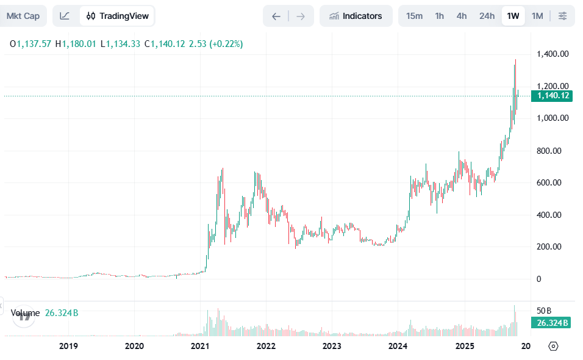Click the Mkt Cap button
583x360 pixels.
[23, 16]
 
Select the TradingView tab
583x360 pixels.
[117, 16]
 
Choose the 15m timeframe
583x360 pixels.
[414, 16]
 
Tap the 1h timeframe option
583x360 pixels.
[439, 16]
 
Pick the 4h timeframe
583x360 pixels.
[462, 16]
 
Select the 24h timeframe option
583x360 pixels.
[487, 16]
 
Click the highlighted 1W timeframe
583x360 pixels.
[513, 16]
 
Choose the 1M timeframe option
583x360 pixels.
[537, 16]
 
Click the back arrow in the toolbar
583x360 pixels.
[276, 16]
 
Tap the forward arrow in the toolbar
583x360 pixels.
[301, 16]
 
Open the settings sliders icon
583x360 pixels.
[562, 16]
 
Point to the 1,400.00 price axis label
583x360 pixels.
[553, 54]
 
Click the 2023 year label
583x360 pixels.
[332, 346]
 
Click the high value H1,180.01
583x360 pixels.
[76, 44]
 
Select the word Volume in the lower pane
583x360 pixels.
[25, 313]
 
